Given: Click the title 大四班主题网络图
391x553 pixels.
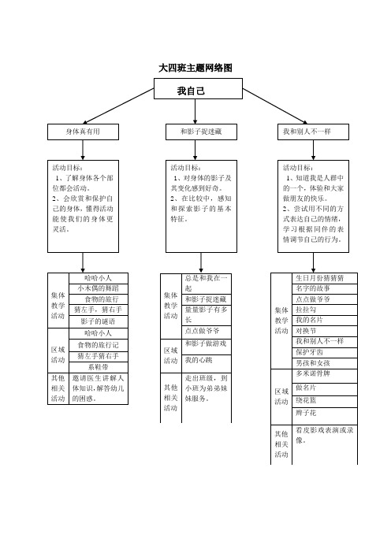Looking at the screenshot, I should click(195, 69).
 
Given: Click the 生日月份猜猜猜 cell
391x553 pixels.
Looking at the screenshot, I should click(324, 278).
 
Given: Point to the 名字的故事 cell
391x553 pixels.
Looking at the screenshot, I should click(324, 289).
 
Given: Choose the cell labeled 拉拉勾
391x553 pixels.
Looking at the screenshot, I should click(324, 310).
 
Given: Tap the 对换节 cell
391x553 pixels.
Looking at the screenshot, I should click(324, 331).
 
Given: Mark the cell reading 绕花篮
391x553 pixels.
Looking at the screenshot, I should click(324, 400).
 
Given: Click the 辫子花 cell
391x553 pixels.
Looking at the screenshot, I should click(324, 413).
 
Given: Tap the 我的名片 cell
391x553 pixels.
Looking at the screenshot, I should click(324, 321).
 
